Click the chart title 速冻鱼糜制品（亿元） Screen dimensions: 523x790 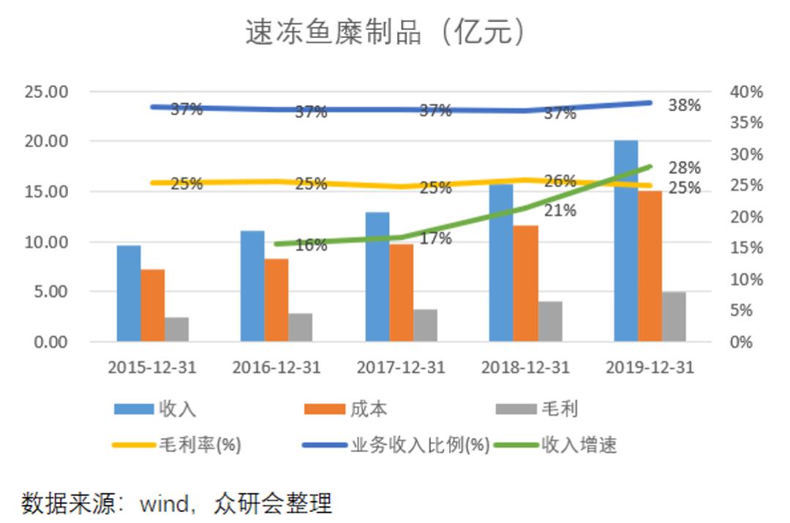[x=385, y=33]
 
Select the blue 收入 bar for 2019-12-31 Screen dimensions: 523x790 [x=625, y=241]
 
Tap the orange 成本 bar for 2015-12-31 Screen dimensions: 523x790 [x=152, y=305]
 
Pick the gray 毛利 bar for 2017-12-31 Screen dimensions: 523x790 [x=425, y=325]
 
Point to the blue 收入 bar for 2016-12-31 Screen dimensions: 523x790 [x=252, y=286]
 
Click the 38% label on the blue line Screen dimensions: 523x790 [x=684, y=105]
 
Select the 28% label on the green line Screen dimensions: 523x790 [x=684, y=168]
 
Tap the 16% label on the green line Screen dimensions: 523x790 [x=311, y=246]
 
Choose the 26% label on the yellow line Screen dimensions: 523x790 [x=560, y=181]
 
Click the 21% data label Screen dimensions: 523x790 [x=560, y=211]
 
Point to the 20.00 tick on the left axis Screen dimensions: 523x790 [x=46, y=141]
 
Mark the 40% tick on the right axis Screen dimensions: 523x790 [x=746, y=92]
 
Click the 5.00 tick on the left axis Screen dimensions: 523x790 [x=50, y=292]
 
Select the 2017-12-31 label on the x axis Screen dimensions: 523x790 [x=400, y=367]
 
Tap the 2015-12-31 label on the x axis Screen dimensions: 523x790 [x=151, y=367]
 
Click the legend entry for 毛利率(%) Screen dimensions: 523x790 [x=200, y=445]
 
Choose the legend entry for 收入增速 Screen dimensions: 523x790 [x=578, y=445]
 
